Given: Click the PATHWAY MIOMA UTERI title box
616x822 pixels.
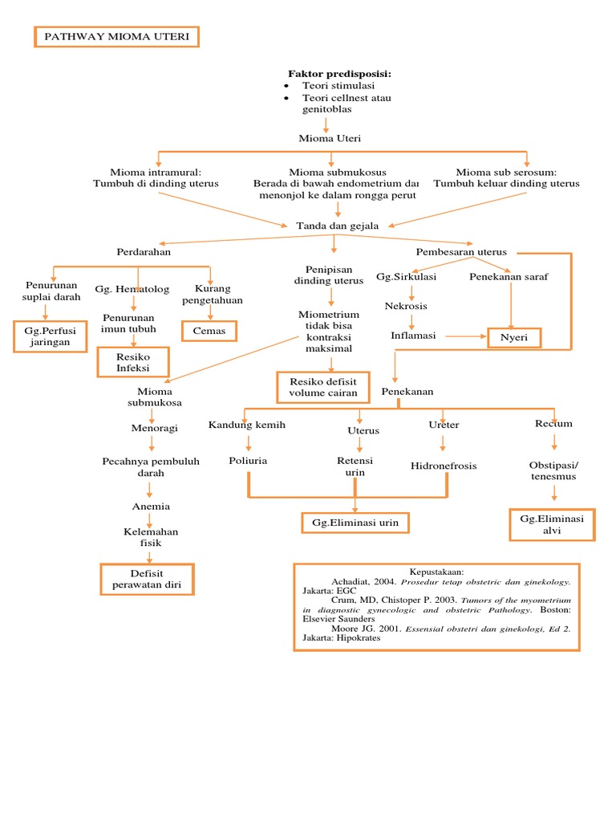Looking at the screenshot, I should (116, 37).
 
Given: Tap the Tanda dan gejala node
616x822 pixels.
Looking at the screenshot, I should (337, 226).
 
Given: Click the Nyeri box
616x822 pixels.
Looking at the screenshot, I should (514, 338).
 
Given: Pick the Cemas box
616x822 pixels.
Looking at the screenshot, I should (209, 331).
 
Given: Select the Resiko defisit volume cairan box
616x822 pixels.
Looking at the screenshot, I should (323, 387).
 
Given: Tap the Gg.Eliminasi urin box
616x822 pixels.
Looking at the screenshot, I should (355, 523).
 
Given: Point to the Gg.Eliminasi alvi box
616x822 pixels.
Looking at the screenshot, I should (552, 525).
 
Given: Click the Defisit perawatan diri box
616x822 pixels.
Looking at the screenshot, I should (146, 580).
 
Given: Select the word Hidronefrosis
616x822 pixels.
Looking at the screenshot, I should (444, 466).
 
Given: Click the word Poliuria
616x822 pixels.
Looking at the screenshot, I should (248, 461).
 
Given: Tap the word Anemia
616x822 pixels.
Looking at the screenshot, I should (151, 507).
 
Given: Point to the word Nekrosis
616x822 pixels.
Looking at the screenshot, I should (406, 306).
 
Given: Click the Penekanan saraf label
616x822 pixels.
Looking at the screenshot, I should (509, 277).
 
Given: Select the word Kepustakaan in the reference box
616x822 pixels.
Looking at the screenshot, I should (436, 571).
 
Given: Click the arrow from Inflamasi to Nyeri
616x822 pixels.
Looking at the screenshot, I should (465, 336).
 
